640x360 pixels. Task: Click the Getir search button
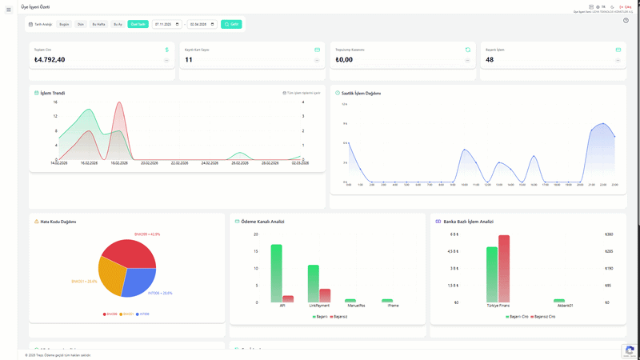click(x=231, y=25)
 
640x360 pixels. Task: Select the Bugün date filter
click(x=65, y=25)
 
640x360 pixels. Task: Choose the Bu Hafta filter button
click(x=99, y=25)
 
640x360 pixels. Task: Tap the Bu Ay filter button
click(x=118, y=25)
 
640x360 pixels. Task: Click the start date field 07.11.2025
click(x=166, y=25)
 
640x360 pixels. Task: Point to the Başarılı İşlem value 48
click(x=490, y=60)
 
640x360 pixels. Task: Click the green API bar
click(x=277, y=273)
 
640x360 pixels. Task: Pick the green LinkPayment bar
click(x=314, y=283)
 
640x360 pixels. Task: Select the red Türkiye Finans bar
click(x=504, y=268)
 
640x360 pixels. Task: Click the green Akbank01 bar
click(x=559, y=301)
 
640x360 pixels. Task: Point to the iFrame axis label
click(x=393, y=306)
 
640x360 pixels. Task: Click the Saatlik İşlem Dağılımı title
click(x=361, y=93)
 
